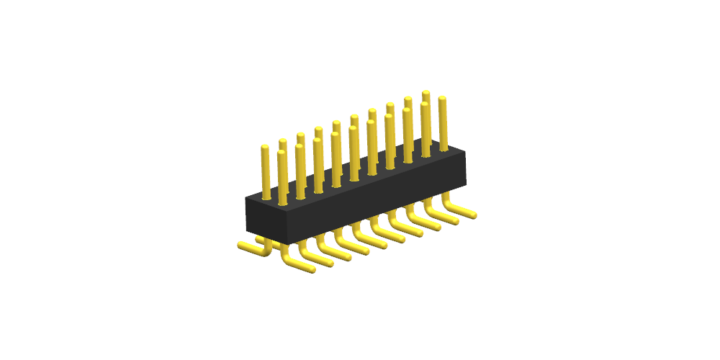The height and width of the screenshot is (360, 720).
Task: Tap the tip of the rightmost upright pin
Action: point(443,99)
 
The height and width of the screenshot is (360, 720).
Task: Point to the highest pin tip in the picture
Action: point(426,93)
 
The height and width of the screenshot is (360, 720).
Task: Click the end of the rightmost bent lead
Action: point(474,215)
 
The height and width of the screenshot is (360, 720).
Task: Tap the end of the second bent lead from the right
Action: point(456,220)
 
